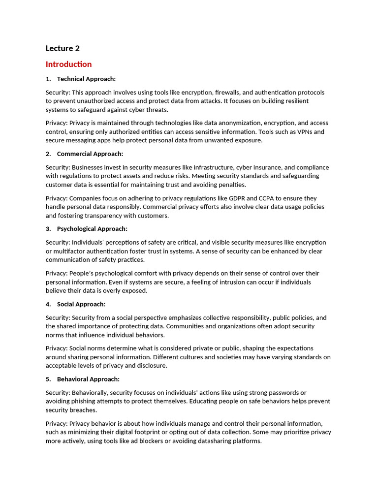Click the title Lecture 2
point(63,48)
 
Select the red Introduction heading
point(68,64)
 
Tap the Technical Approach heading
point(86,79)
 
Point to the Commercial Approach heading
point(90,154)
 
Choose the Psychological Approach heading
point(92,229)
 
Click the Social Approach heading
point(81,304)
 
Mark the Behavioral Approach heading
point(88,379)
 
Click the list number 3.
point(48,229)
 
